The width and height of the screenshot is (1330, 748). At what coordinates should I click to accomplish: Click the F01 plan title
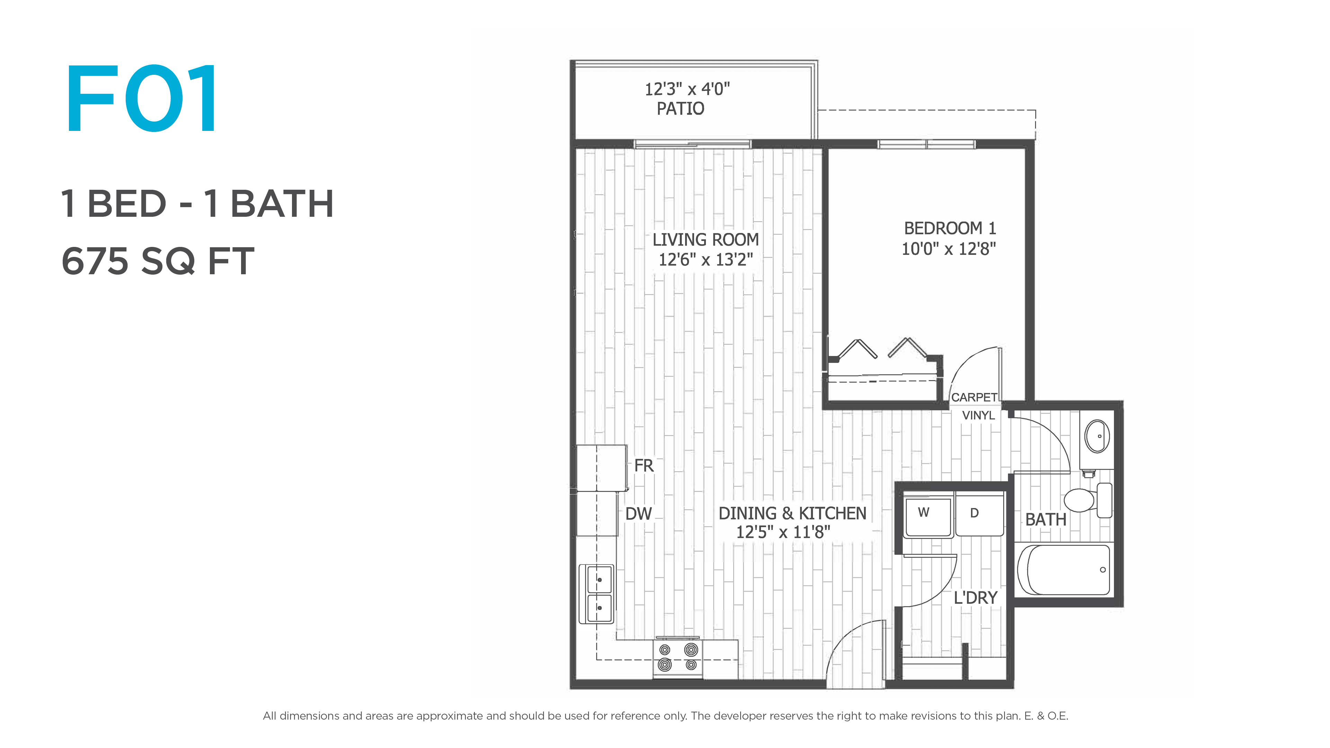tap(141, 99)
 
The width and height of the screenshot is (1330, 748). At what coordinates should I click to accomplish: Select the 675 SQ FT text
tap(158, 261)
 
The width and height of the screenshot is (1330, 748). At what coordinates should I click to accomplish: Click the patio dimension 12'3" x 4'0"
tap(687, 89)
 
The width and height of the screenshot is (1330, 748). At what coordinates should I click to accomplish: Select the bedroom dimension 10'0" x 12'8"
tap(948, 249)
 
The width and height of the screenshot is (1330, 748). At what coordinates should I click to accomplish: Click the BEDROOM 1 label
tap(949, 228)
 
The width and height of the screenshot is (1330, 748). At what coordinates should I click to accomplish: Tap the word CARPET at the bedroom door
tap(974, 398)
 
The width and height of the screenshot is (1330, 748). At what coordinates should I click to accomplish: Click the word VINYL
tap(978, 415)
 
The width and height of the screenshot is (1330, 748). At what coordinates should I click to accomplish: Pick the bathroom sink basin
tap(1097, 436)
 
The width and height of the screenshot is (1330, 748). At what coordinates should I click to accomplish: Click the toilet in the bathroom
tap(1088, 500)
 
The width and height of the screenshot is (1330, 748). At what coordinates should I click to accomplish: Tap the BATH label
tap(1046, 519)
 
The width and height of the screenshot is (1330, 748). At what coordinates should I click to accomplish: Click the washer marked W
tap(928, 516)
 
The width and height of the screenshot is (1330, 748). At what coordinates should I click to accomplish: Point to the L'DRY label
tap(975, 598)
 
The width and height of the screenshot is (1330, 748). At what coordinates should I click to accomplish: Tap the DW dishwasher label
tap(639, 514)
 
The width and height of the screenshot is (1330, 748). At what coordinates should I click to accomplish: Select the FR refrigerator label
tap(644, 466)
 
